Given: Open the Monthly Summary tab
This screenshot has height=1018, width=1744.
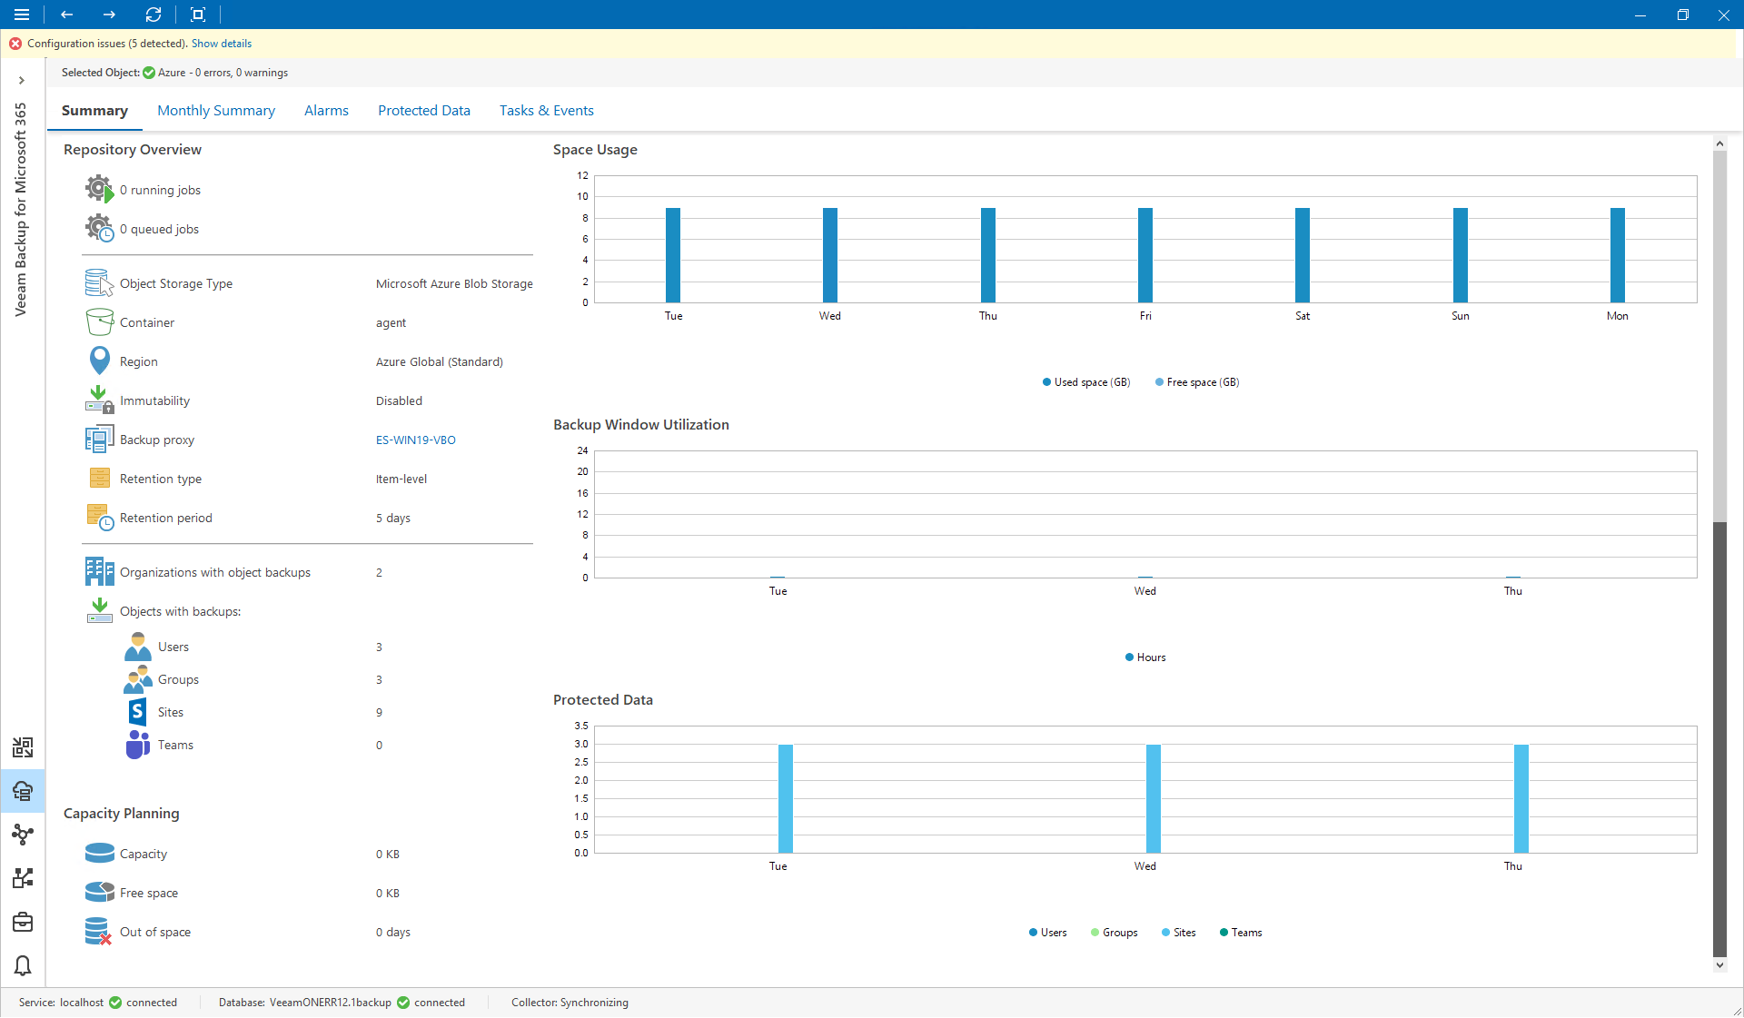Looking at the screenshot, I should (216, 111).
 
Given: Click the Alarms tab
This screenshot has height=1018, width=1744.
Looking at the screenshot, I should (326, 111).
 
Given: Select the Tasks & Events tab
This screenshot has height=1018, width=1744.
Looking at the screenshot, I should (546, 111).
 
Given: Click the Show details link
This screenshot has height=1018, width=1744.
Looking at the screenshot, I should (222, 44).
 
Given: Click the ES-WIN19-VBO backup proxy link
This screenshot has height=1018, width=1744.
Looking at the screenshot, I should (415, 440).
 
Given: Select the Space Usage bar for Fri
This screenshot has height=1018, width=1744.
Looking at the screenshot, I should (1145, 255).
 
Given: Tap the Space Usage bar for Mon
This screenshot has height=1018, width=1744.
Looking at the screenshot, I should (1618, 255).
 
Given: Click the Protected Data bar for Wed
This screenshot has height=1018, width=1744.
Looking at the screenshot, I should (1154, 798).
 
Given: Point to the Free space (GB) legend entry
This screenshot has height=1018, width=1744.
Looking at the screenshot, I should (1197, 382).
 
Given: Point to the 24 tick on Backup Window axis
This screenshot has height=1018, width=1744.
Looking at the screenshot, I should (582, 450).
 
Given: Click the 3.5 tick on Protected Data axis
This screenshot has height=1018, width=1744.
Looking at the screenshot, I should (581, 726).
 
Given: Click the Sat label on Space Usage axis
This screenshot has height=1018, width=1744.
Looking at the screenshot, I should (1303, 316).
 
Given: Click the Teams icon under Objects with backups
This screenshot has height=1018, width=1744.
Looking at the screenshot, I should (137, 745).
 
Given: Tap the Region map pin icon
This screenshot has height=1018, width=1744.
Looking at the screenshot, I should (99, 361).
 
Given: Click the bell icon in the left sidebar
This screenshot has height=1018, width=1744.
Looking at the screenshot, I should (23, 965).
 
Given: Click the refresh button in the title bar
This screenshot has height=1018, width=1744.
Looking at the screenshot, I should (154, 15).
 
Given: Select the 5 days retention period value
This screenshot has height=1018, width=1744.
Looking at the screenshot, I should (393, 519).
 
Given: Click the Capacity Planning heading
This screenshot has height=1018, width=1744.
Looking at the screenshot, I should (122, 814).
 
